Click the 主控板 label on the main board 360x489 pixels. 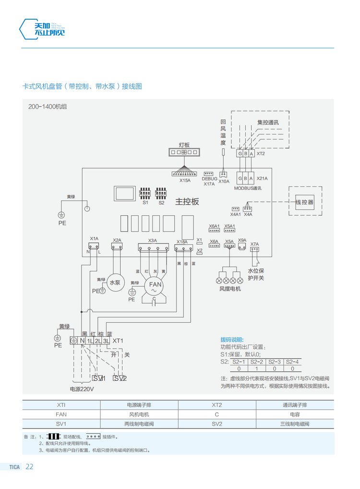187,202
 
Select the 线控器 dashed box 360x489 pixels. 304,202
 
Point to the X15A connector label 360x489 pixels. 185,181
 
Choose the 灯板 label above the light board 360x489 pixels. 184,144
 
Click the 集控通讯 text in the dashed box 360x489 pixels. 268,122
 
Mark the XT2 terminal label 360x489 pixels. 261,154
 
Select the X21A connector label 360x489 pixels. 262,178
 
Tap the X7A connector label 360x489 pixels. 254,244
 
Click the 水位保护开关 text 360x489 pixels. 256,274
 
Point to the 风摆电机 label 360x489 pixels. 230,289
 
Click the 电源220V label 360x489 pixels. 82,389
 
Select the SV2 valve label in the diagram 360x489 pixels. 120,379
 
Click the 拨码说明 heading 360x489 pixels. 232,340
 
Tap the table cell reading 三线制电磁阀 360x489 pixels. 295,424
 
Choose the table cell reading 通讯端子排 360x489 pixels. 295,405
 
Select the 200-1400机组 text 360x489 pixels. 47,107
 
